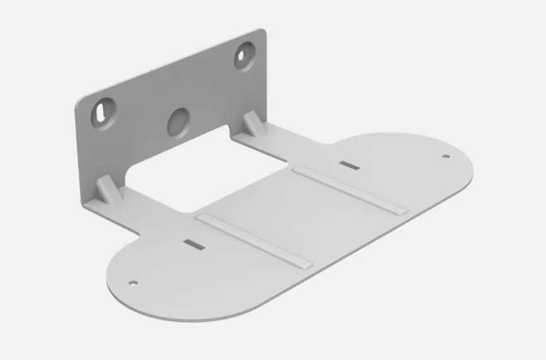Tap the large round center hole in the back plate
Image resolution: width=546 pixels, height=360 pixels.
[x=178, y=122]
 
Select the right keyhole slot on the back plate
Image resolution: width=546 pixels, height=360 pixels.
[x=244, y=56]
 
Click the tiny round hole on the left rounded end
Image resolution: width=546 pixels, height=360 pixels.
[x=132, y=283]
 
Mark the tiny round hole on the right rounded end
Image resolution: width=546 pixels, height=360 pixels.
[x=445, y=156]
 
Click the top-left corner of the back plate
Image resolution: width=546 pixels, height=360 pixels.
[x=77, y=102]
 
